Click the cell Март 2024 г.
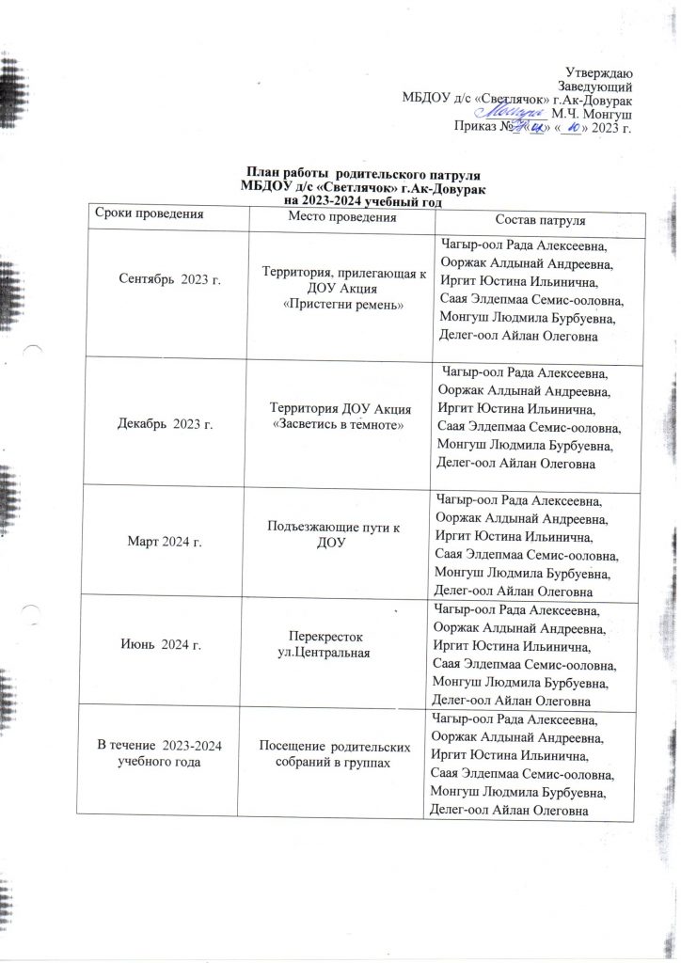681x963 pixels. pyautogui.click(x=165, y=543)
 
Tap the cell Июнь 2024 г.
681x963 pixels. pyautogui.click(x=164, y=644)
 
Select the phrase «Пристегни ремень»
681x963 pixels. pyautogui.click(x=342, y=306)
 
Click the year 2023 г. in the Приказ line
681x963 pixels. pyautogui.click(x=612, y=127)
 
